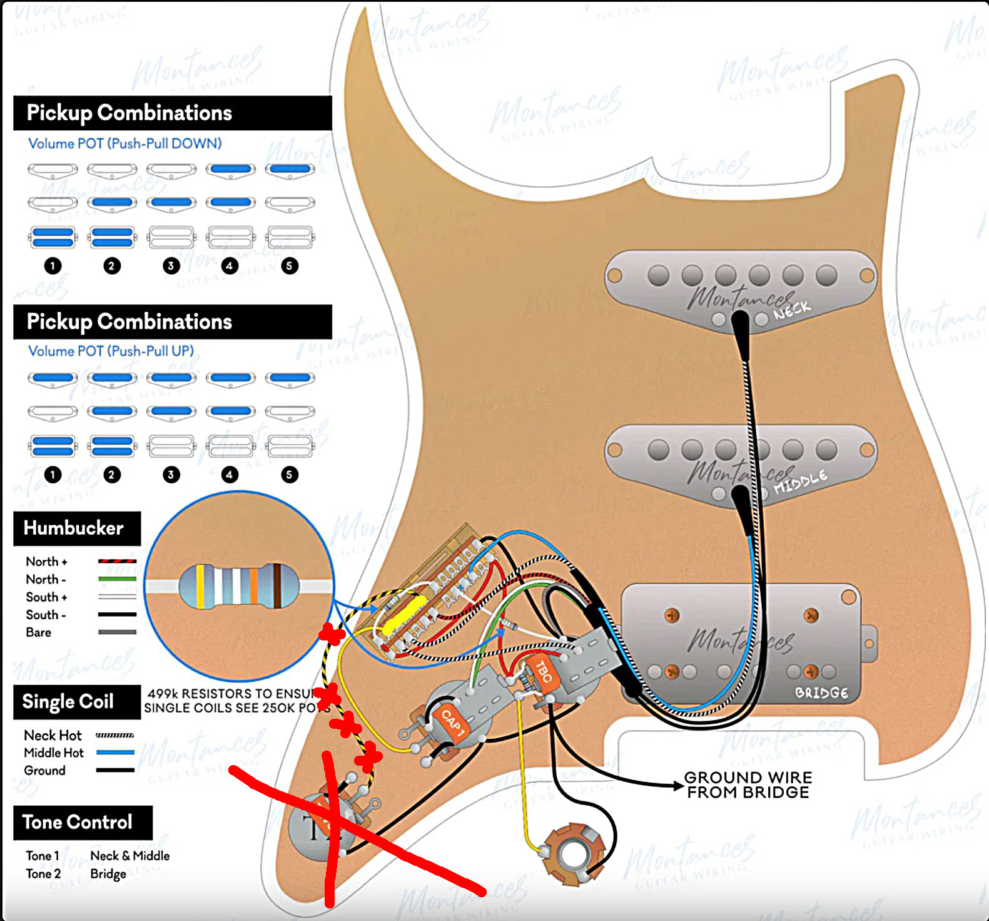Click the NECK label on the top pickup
pyautogui.click(x=792, y=310)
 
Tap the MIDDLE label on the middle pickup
pyautogui.click(x=800, y=482)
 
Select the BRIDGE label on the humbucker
pyautogui.click(x=821, y=692)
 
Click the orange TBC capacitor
pyautogui.click(x=542, y=672)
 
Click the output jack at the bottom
pyautogui.click(x=571, y=854)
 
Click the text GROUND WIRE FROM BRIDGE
pyautogui.click(x=748, y=785)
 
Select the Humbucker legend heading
pyautogui.click(x=74, y=528)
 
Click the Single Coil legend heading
pyautogui.click(x=68, y=701)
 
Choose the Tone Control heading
pyautogui.click(x=78, y=822)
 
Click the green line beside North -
pyautogui.click(x=117, y=579)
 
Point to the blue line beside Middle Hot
pyautogui.click(x=115, y=753)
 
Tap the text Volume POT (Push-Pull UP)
pyautogui.click(x=111, y=351)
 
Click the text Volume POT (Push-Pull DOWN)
pyautogui.click(x=124, y=143)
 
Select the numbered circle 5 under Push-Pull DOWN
pyautogui.click(x=289, y=265)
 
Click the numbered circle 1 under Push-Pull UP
pyautogui.click(x=53, y=474)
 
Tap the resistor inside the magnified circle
pyautogui.click(x=238, y=586)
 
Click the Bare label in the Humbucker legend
pyautogui.click(x=39, y=632)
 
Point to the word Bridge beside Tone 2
pyautogui.click(x=108, y=873)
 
